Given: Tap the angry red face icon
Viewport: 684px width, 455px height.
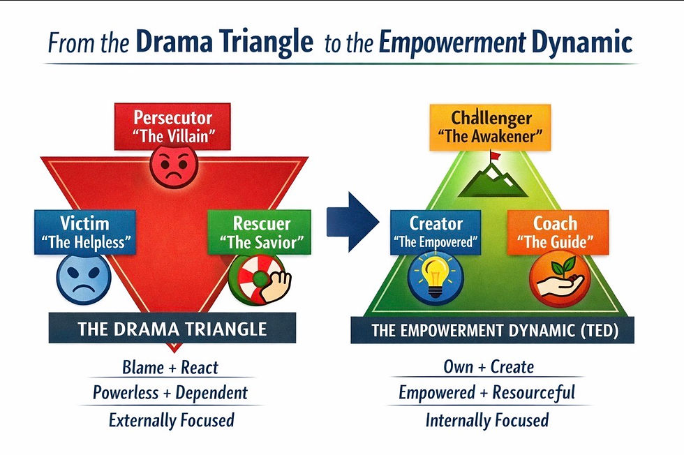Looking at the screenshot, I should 174,166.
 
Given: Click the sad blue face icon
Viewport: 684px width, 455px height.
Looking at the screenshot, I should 84,278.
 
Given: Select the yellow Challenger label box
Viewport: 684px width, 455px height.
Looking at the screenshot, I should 491,126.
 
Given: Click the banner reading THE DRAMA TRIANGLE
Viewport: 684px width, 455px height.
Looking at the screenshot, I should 172,327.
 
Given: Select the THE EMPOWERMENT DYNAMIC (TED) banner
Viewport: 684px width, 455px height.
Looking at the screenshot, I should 492,329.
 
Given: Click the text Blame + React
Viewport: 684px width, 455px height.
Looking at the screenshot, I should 170,367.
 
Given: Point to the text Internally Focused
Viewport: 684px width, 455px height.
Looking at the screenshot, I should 486,420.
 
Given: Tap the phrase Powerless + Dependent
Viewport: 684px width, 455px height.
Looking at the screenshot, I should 170,393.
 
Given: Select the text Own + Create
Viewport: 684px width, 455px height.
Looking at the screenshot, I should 488,366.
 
